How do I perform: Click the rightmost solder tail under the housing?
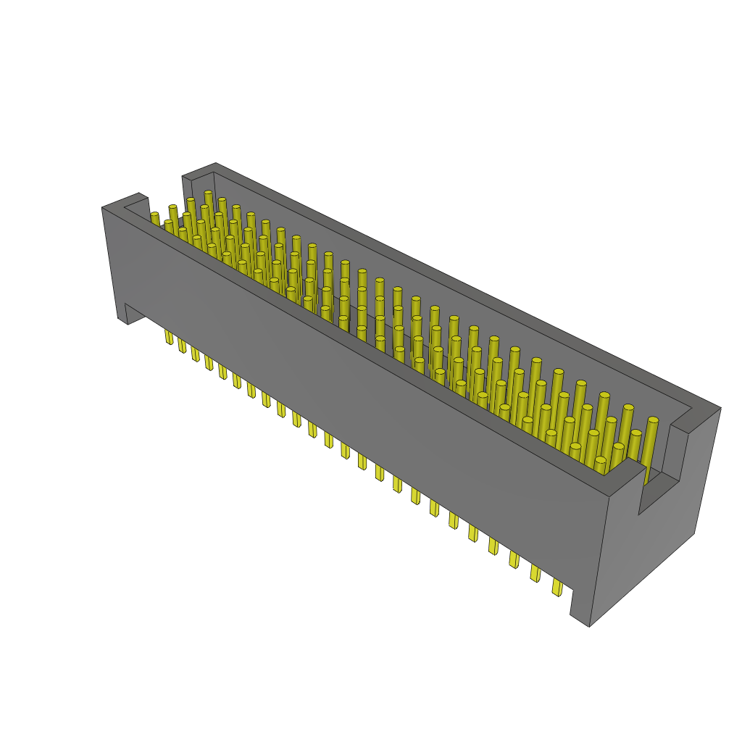[x=557, y=587]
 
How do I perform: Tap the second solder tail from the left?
[x=181, y=345]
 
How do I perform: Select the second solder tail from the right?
[x=535, y=573]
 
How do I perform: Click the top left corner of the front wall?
[x=104, y=208]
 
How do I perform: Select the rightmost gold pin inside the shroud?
[x=652, y=422]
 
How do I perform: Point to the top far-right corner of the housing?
[x=720, y=408]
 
